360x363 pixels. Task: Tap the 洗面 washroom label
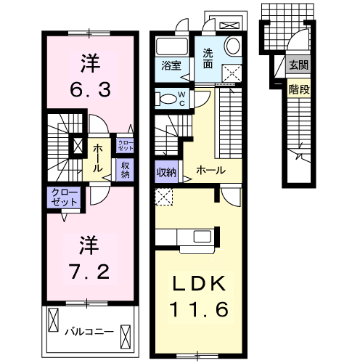coord(208,57)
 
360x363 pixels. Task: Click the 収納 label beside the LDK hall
coord(165,172)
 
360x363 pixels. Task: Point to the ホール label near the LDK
coord(210,171)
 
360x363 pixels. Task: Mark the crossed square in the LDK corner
coord(164,197)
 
